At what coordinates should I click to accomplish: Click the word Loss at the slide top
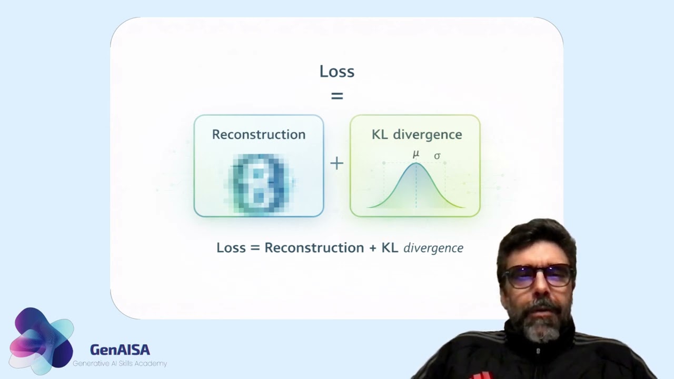coord(336,72)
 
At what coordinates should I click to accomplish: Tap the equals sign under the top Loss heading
coord(336,96)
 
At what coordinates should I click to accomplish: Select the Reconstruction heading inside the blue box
coord(259,134)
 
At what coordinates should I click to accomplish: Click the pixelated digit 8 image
coord(259,183)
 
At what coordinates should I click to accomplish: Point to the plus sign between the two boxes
coord(336,163)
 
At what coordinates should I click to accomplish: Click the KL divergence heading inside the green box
coord(417,134)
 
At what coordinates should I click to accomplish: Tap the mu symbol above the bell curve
coord(415,154)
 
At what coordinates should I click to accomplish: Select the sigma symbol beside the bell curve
coord(437,156)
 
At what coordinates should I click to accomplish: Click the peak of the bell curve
coord(416,164)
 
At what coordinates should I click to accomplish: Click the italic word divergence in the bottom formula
coord(433,248)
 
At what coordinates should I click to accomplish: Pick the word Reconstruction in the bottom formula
coord(314,247)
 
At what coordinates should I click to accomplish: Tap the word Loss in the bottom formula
coord(231,247)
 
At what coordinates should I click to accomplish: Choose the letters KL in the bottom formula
coord(390,247)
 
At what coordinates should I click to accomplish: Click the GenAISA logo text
coord(120,350)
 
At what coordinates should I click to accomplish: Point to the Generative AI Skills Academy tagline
coord(120,364)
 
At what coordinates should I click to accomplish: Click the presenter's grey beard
coord(541,326)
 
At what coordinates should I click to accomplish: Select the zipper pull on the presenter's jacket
coord(538,350)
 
